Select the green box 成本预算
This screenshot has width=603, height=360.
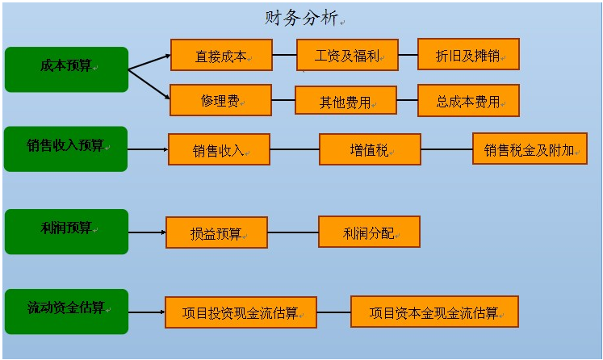point(66,69)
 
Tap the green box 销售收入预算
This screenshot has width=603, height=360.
point(65,149)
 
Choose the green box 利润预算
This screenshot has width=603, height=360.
point(66,231)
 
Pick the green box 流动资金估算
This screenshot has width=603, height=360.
point(66,311)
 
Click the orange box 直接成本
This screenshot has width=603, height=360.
point(220,57)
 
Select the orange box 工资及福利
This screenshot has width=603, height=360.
point(346,56)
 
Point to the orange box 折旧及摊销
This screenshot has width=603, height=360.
point(467,55)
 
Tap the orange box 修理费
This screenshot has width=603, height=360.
point(220,101)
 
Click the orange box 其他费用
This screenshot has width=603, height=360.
point(345,101)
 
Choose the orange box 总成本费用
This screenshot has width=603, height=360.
point(467,101)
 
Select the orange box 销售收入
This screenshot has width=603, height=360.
point(218,149)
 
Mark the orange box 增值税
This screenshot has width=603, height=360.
point(370,149)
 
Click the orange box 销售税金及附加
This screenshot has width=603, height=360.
point(530,149)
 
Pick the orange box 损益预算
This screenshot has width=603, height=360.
point(216,232)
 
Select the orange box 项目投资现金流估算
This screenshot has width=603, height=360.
point(241,312)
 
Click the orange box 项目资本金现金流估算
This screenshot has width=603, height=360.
point(433,312)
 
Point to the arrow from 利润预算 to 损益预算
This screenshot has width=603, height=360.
point(147,232)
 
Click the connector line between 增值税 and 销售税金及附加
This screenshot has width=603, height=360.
point(446,149)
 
